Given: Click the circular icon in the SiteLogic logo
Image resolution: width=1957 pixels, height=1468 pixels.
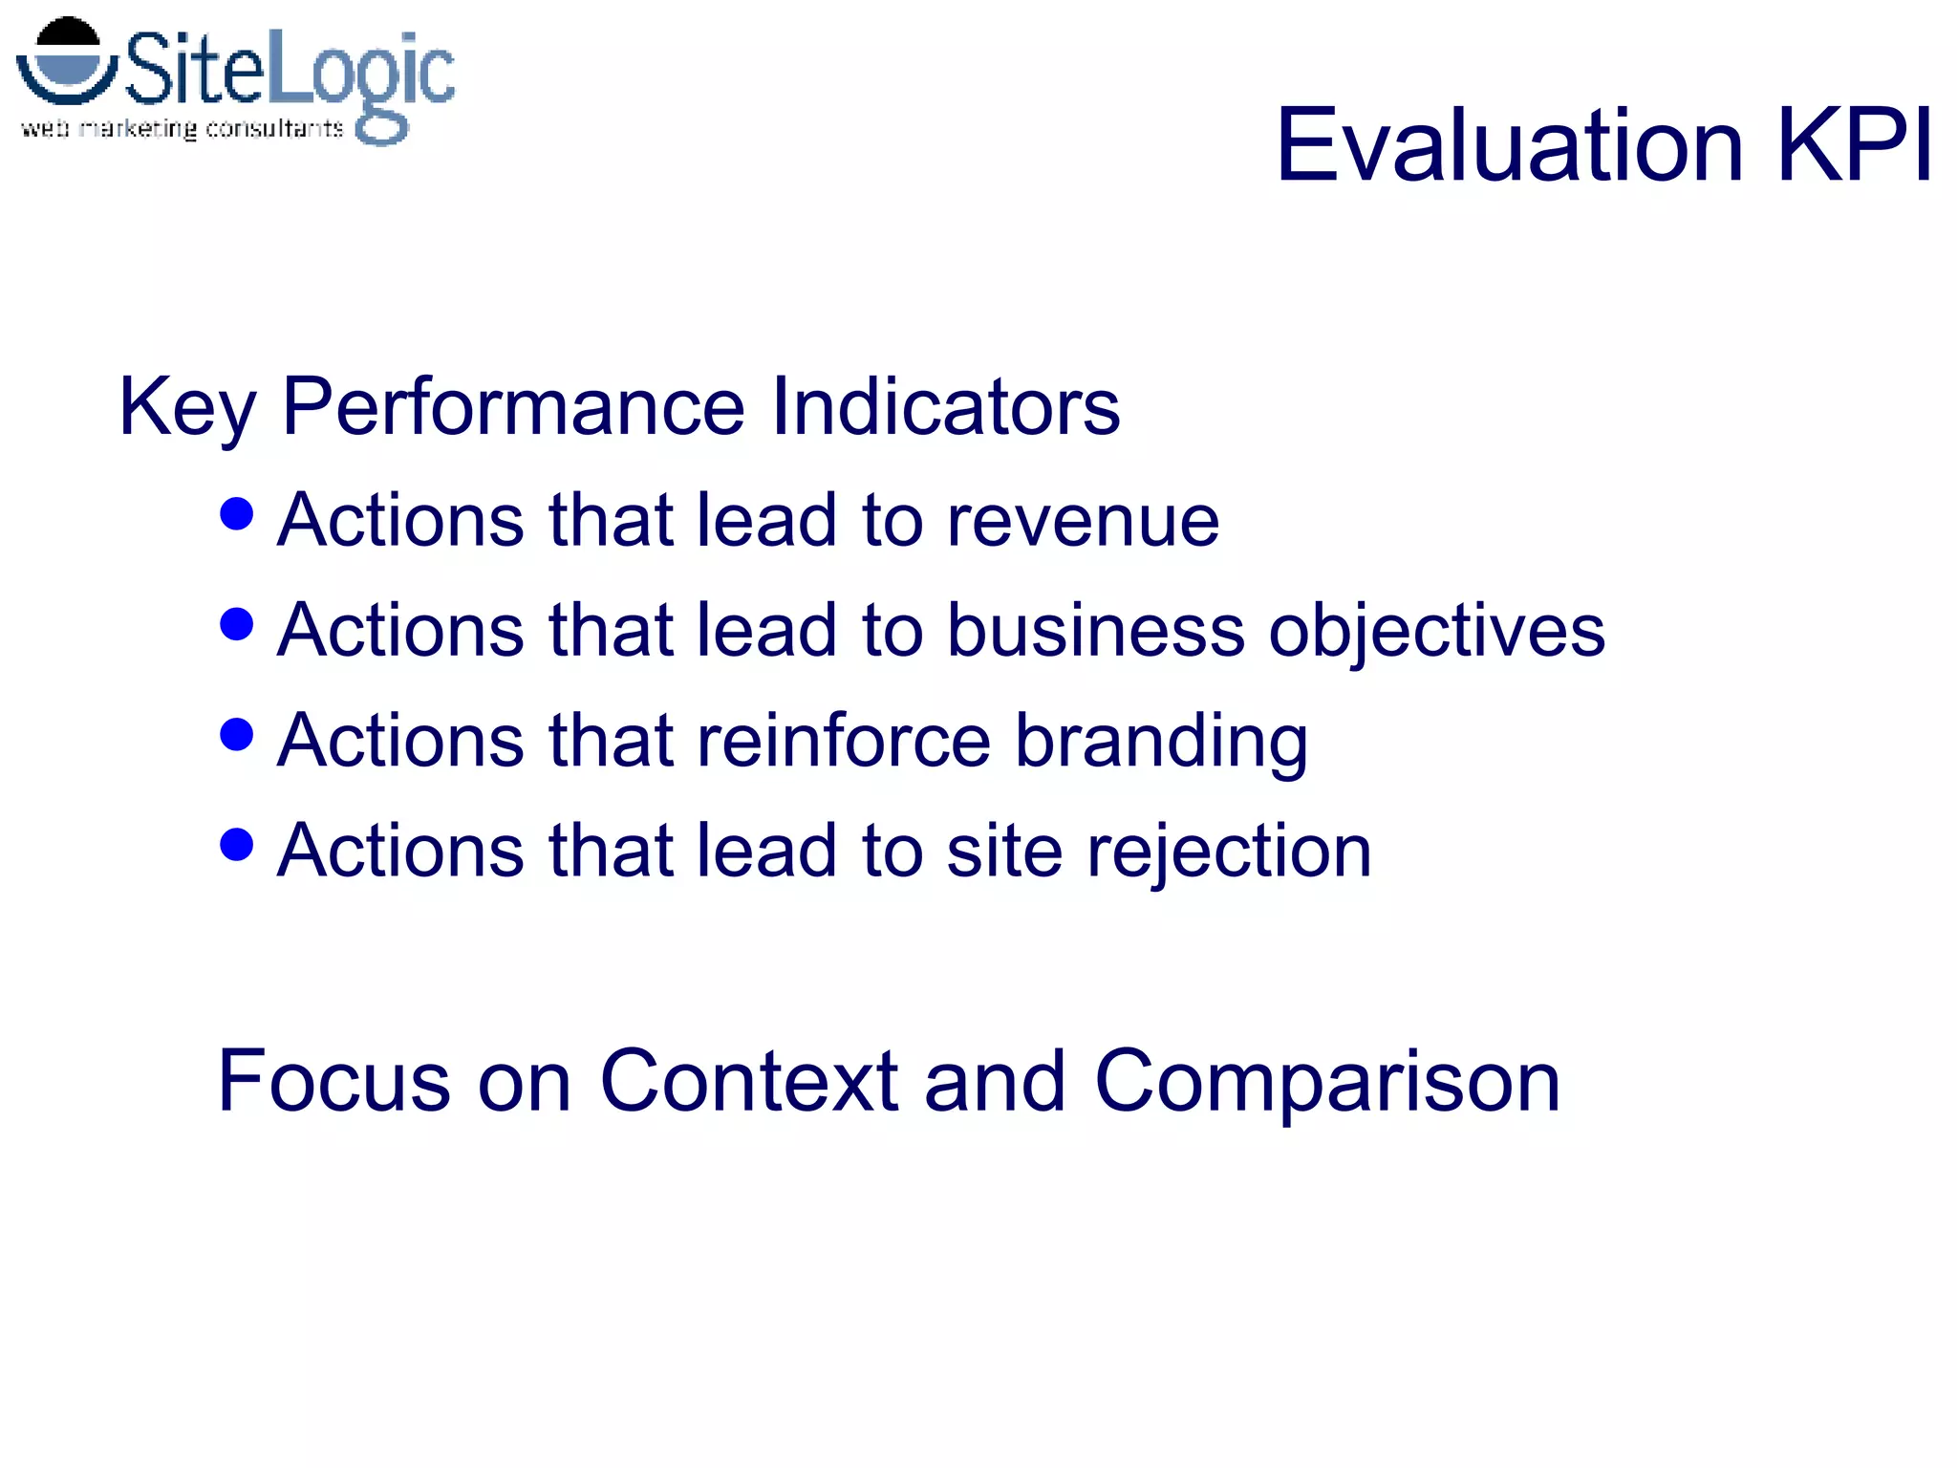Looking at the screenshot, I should pos(67,61).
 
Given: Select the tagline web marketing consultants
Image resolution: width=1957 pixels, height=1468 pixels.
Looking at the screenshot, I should pos(182,129).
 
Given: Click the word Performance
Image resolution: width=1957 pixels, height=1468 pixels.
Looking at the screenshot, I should pos(513,407).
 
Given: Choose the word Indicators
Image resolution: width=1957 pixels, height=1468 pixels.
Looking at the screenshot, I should pos(945,407).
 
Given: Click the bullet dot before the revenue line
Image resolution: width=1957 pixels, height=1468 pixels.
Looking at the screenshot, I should pos(236,514).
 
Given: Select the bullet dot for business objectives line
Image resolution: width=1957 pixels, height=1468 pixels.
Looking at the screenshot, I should pos(236,624).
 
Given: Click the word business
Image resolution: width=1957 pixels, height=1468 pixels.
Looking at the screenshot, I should pos(1096,631).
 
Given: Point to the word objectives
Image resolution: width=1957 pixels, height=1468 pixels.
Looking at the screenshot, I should pos(1436,633).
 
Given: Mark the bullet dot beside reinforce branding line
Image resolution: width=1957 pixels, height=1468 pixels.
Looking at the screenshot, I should pos(236,735).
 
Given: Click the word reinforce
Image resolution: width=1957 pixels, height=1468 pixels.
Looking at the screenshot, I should pos(844,741).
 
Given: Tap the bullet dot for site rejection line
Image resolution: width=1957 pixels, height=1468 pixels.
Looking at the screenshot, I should pos(236,845).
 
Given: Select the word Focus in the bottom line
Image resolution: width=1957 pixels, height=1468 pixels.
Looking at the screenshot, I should pos(333,1081).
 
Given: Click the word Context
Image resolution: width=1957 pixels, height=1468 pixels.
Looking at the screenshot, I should pos(748,1081).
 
